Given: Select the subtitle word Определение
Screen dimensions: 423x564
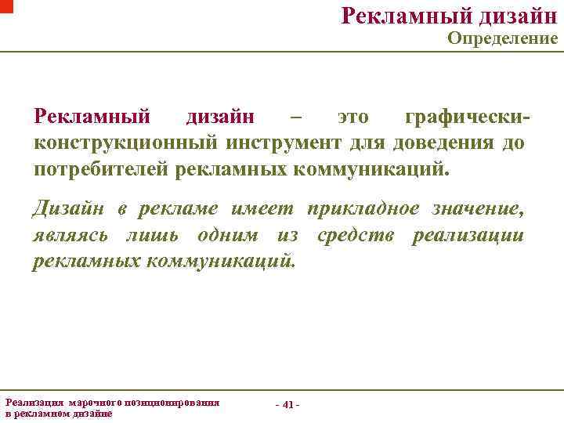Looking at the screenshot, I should (x=502, y=38).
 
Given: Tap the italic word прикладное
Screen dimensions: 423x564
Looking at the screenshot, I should (x=365, y=209).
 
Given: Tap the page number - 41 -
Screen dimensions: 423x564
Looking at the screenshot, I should (x=287, y=404).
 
